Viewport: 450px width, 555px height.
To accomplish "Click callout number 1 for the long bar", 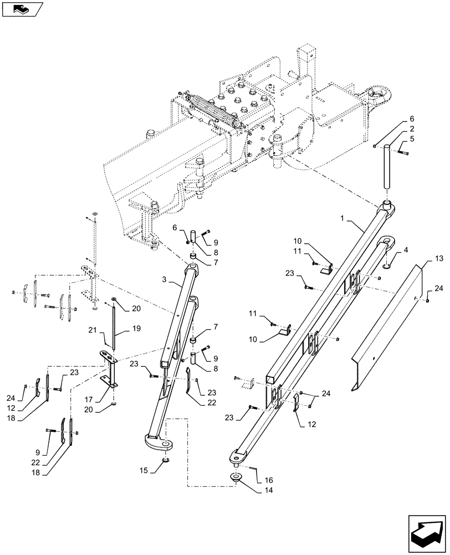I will pyautogui.click(x=350, y=221).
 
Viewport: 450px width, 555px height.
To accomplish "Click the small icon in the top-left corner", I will pyautogui.click(x=21, y=9).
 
